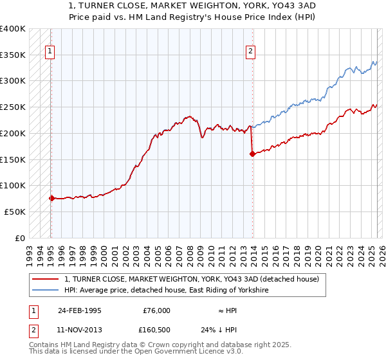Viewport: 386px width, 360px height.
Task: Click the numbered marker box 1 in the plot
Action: pyautogui.click(x=50, y=53)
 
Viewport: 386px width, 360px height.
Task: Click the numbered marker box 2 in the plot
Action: pyautogui.click(x=250, y=53)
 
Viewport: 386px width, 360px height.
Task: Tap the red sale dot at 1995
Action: pyautogui.click(x=51, y=198)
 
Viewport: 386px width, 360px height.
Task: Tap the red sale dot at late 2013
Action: pyautogui.click(x=252, y=154)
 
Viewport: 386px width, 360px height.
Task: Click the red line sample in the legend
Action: pyautogui.click(x=44, y=279)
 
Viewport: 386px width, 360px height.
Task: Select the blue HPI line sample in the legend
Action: pyautogui.click(x=44, y=291)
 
